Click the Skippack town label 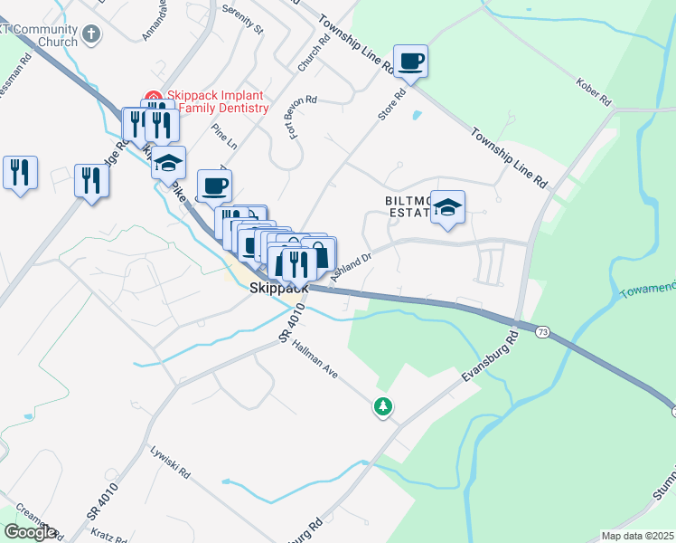click(x=277, y=288)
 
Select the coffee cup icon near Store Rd click(x=410, y=62)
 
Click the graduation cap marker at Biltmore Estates click(x=447, y=207)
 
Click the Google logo click(x=30, y=532)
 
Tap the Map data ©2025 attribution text click(x=638, y=536)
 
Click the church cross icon click(x=90, y=34)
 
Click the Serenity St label click(x=246, y=23)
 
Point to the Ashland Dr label click(x=352, y=266)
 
